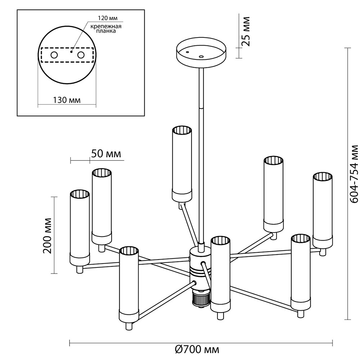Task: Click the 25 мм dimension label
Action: (x=246, y=31)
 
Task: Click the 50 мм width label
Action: (x=105, y=154)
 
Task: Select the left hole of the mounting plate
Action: (x=54, y=55)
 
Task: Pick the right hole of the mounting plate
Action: (x=81, y=55)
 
